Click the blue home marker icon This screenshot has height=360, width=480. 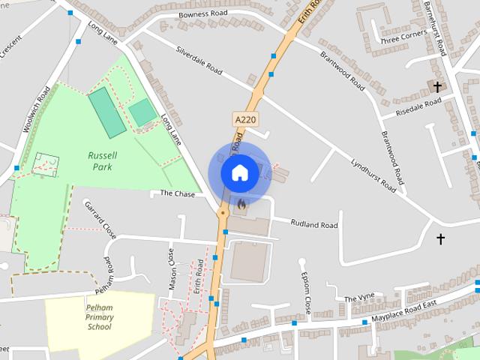coord(239,172)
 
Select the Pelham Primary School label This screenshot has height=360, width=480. coord(99,317)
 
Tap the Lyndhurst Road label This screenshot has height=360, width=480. coord(373,175)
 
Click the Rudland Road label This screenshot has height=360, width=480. coord(313,224)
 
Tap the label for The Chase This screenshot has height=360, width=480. coord(177,193)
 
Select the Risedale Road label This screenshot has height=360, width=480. coord(412,107)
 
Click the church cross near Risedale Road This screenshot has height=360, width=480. coord(437,86)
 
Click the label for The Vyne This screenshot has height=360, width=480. coord(358,298)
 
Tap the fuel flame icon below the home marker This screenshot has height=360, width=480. coord(240,202)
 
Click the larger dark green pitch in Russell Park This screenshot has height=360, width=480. coord(106,112)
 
